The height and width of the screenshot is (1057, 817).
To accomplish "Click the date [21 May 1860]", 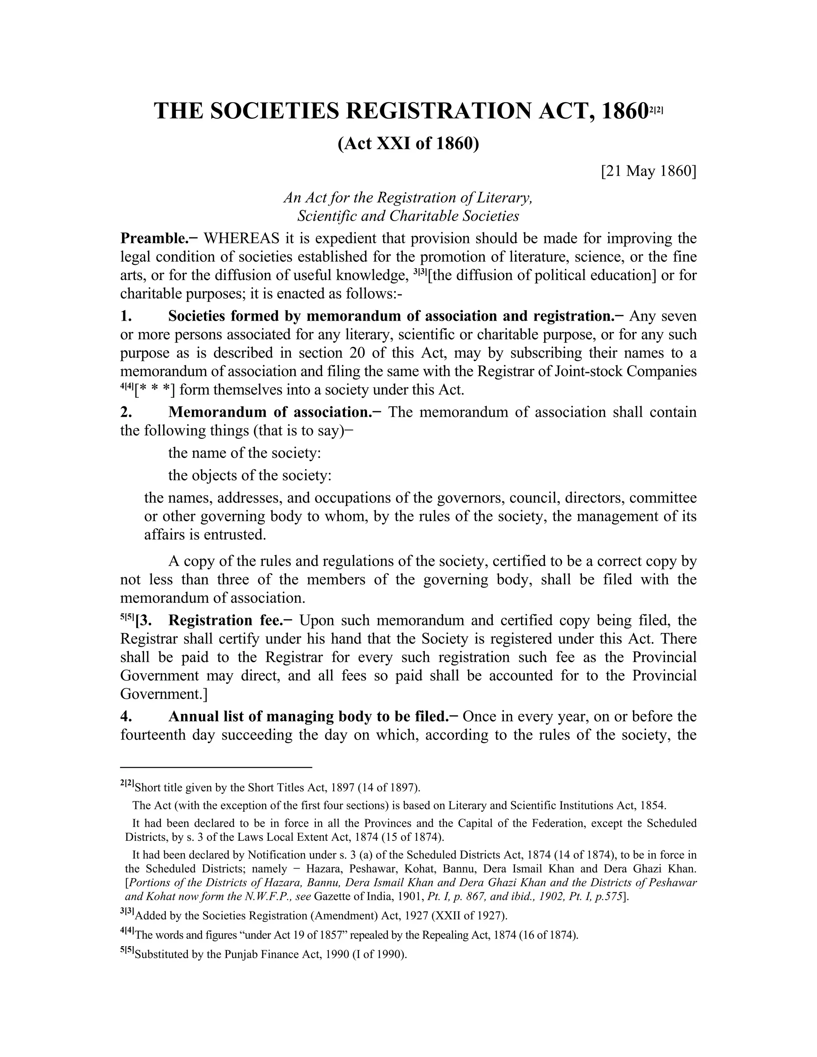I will (x=648, y=172).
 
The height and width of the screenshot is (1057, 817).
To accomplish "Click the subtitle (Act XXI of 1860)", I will (x=408, y=144).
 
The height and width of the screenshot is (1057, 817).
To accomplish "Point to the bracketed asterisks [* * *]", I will (x=155, y=390).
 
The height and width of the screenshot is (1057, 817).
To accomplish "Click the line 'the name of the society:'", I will (x=245, y=453).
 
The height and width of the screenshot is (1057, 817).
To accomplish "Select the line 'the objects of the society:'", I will (x=250, y=475).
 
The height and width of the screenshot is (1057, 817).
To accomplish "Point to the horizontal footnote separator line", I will (x=216, y=767).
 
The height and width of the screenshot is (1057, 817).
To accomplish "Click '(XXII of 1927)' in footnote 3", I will (x=469, y=916).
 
